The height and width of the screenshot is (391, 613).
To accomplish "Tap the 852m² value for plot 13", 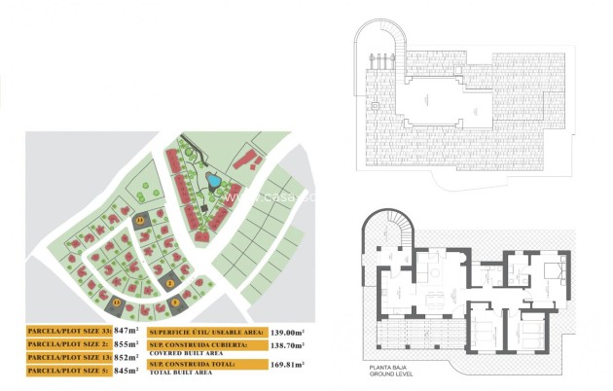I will tap(125, 358).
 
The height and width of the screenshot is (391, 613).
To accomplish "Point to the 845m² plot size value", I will tap(125, 371).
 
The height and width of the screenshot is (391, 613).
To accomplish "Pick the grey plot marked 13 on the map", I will tap(118, 302).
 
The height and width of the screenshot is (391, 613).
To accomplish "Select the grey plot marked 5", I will tap(176, 302).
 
